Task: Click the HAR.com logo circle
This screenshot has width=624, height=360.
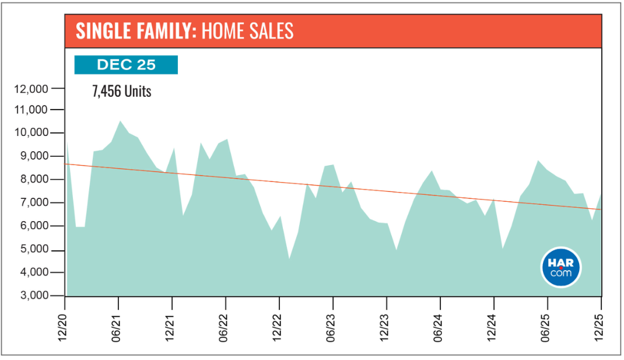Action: point(561,267)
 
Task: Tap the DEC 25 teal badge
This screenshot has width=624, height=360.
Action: point(126,65)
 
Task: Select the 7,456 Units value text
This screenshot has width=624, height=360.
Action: point(122,92)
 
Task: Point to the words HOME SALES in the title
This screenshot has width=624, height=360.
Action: point(247,32)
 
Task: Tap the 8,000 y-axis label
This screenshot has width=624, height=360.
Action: point(33,180)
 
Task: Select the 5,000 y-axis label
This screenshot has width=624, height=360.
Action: point(33,250)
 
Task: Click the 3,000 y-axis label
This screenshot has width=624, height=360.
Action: point(33,296)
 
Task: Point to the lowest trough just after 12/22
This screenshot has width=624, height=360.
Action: point(289,258)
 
